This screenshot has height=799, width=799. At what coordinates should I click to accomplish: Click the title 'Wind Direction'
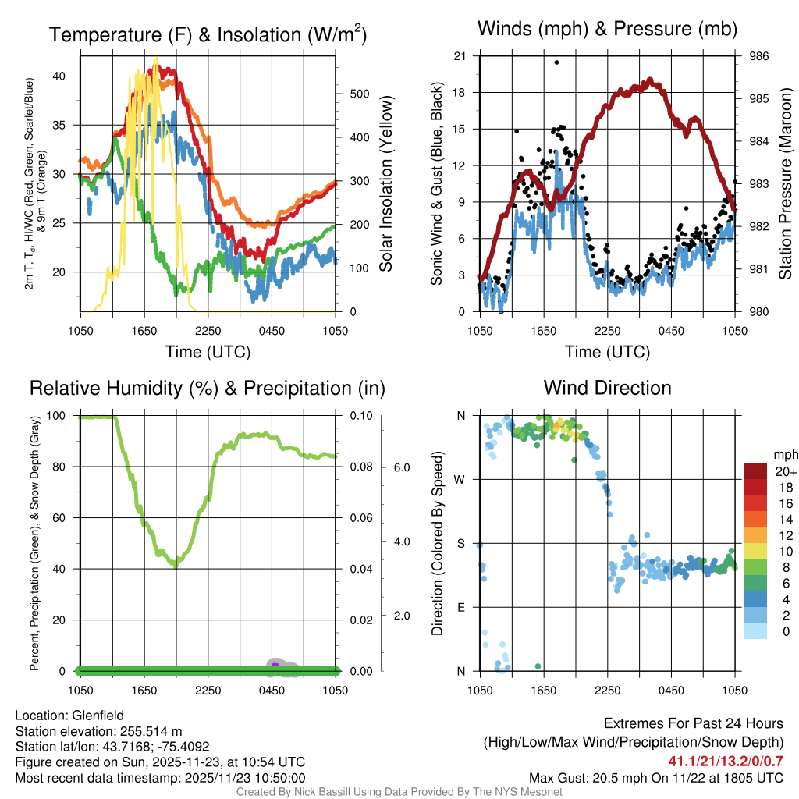click(607, 388)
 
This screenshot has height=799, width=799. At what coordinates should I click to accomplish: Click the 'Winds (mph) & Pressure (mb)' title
click(607, 30)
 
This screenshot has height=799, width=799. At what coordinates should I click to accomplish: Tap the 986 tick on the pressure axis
click(759, 56)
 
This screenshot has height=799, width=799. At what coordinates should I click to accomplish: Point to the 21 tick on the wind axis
click(460, 56)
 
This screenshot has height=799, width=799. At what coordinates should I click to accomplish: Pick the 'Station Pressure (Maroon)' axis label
click(786, 184)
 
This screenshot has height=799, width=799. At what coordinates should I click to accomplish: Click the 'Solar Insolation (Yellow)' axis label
click(385, 184)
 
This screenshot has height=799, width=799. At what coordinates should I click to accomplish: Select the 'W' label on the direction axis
click(461, 479)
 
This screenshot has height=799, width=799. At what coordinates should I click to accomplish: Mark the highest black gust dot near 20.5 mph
click(556, 62)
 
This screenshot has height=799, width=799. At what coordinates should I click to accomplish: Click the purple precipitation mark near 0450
click(275, 664)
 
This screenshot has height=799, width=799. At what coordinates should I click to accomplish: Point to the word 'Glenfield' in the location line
click(98, 716)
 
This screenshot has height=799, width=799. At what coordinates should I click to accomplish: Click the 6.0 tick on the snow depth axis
click(401, 467)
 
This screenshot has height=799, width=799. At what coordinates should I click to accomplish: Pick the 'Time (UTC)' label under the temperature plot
click(208, 352)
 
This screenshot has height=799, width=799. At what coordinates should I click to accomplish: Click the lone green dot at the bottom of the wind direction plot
click(538, 666)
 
